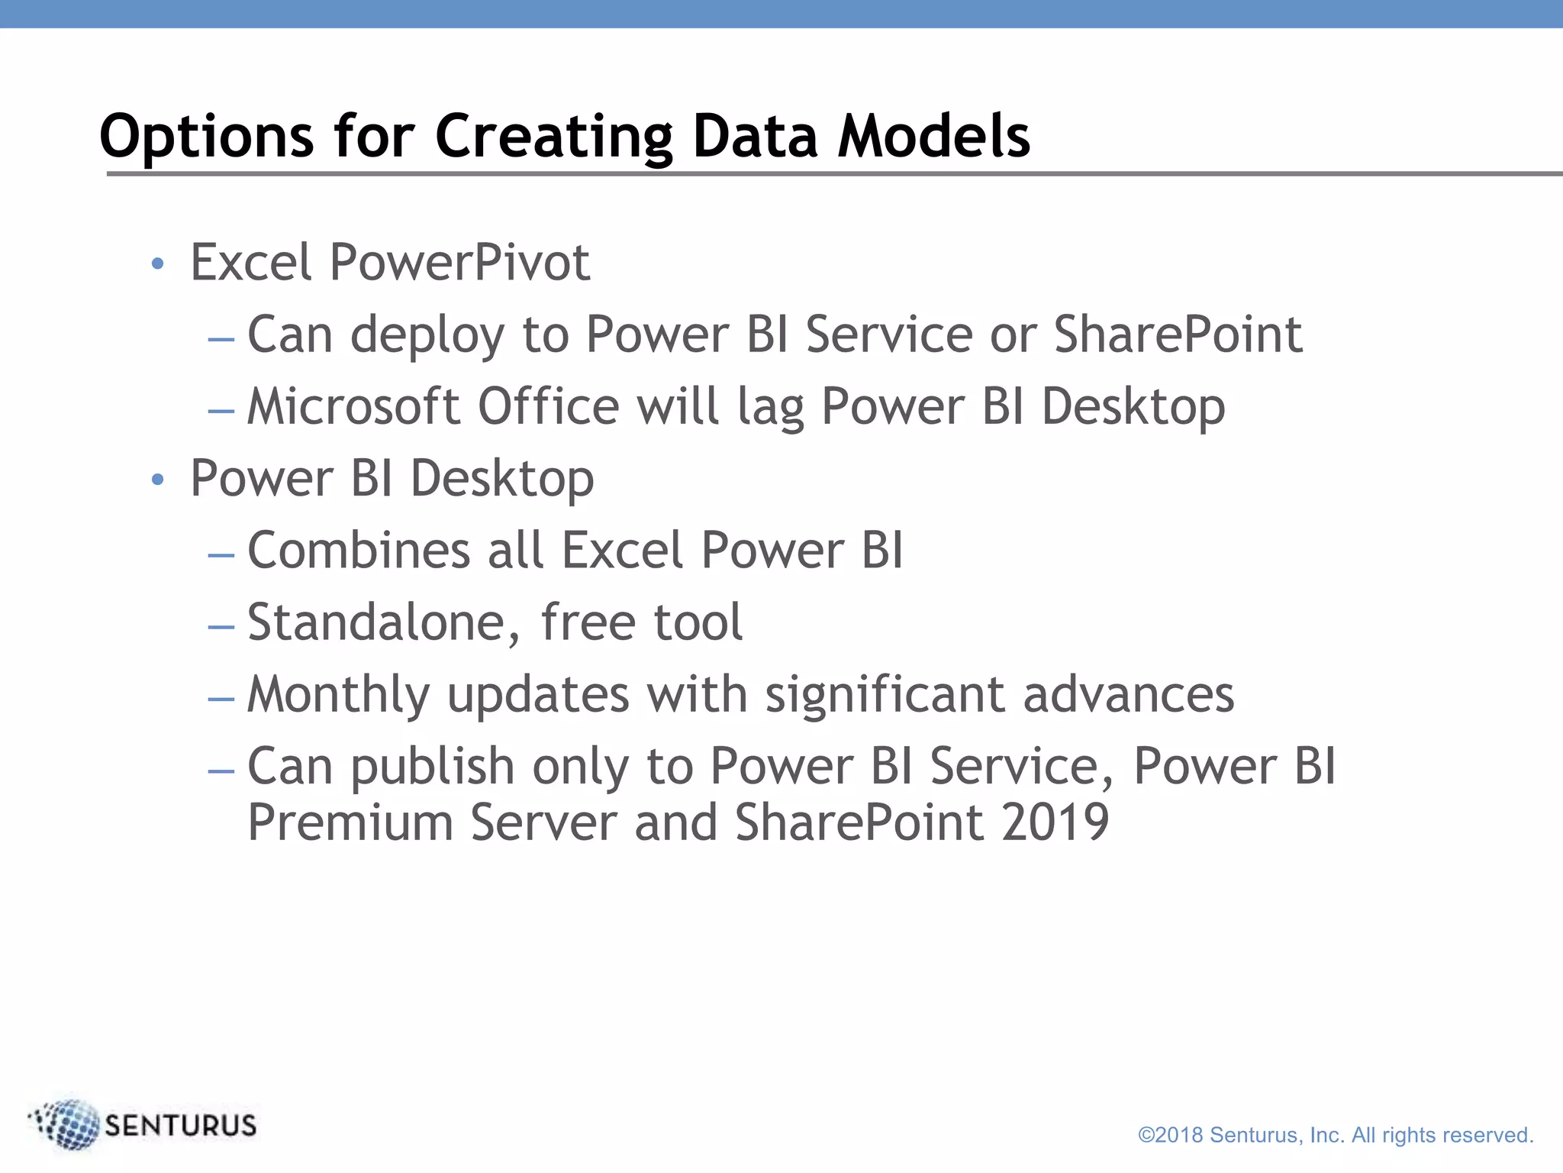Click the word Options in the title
click(x=206, y=137)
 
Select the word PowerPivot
click(x=459, y=263)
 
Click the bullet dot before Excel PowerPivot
click(x=158, y=264)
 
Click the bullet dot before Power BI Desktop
click(x=158, y=480)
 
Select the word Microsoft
click(x=353, y=406)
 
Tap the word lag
click(x=770, y=408)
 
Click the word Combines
click(x=359, y=550)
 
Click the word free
click(x=588, y=622)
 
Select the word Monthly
click(x=339, y=695)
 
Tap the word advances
click(x=1128, y=695)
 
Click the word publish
click(x=432, y=767)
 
